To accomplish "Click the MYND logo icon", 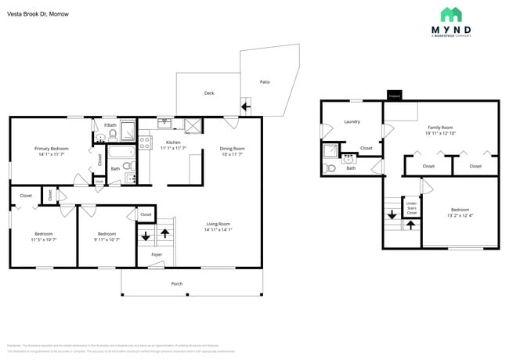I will tap(451, 15).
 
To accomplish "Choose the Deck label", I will tap(209, 93).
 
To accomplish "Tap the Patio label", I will tap(265, 81).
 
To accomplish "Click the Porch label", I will tap(177, 283).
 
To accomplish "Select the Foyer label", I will tap(157, 254).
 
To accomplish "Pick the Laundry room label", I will tap(352, 121).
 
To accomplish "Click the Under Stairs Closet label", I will tap(411, 208).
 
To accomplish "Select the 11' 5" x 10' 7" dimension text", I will tap(44, 239).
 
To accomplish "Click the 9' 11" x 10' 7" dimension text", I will tap(106, 239).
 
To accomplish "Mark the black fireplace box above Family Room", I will tap(394, 96).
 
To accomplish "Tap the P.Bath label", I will tap(110, 125).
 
